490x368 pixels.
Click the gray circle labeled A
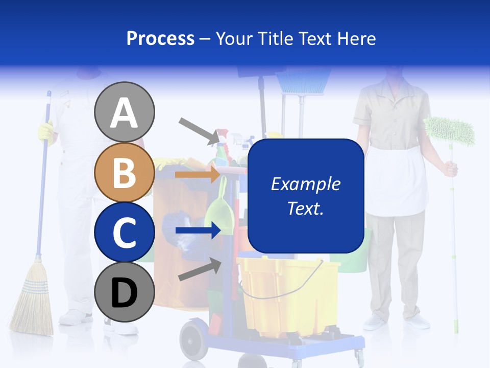pyautogui.click(x=125, y=112)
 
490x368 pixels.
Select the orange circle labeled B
pyautogui.click(x=125, y=173)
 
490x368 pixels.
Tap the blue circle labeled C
pyautogui.click(x=125, y=232)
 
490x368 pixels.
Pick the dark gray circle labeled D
pyautogui.click(x=125, y=292)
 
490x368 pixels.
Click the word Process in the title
pyautogui.click(x=160, y=38)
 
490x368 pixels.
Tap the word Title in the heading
pyautogui.click(x=274, y=38)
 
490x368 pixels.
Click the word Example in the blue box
pyautogui.click(x=305, y=184)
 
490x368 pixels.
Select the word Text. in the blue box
pyautogui.click(x=305, y=209)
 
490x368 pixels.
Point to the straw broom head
pyautogui.click(x=32, y=302)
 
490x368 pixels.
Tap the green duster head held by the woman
pyautogui.click(x=449, y=130)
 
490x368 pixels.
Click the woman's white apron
pyautogui.click(x=396, y=181)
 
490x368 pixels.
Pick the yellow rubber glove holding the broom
pyautogui.click(x=45, y=132)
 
